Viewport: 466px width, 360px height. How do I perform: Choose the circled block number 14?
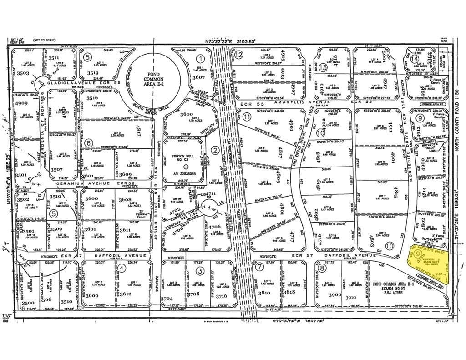click(414, 59)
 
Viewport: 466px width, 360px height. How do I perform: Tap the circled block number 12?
click(238, 55)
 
